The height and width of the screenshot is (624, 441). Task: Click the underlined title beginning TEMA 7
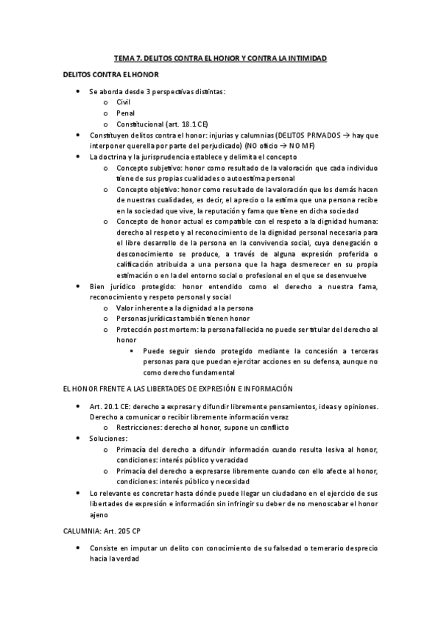(220, 57)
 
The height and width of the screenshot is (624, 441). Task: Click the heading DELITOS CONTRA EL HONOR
(108, 75)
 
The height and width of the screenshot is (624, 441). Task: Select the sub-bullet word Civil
(123, 102)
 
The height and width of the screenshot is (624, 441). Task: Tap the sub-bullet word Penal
(125, 114)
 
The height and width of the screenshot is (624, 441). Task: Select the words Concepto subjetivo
(146, 168)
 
